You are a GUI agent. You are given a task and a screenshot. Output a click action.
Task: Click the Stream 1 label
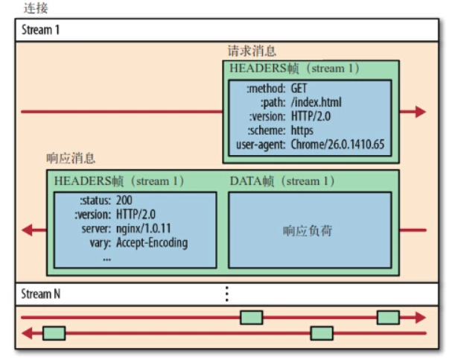pos(40,30)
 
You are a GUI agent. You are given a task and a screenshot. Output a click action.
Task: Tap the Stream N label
pos(41,294)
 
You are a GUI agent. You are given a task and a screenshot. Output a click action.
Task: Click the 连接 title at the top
pos(36,8)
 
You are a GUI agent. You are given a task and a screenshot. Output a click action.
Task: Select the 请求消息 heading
pos(252,51)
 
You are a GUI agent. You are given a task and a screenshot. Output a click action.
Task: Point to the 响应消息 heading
pos(71,158)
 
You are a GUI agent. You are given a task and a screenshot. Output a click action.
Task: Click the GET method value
pos(299,88)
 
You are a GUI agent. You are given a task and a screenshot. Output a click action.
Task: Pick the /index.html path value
pos(316,102)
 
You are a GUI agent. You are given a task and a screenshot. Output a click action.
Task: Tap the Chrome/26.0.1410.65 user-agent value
pos(337,145)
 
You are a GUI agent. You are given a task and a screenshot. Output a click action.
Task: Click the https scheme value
pos(302,130)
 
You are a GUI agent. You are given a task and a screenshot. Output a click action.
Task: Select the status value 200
pos(124,200)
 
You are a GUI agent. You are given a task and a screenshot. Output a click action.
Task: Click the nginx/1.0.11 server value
pos(143,229)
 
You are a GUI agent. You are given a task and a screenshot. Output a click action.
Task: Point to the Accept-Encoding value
pos(152,242)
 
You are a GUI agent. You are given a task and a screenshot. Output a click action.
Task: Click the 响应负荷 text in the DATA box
pos(308,231)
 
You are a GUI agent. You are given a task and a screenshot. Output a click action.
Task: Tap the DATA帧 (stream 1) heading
pos(282,181)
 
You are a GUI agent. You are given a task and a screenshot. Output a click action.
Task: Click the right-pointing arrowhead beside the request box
pos(421,112)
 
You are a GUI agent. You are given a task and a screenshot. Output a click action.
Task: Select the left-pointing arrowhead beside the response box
pos(27,230)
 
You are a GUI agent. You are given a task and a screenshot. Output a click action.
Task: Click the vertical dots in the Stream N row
pos(227,294)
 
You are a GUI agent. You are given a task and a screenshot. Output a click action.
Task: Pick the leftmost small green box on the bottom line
pos(54,333)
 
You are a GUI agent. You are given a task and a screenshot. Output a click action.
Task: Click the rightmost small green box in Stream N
pos(388,318)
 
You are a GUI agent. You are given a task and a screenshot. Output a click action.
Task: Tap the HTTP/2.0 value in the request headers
pos(311,116)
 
